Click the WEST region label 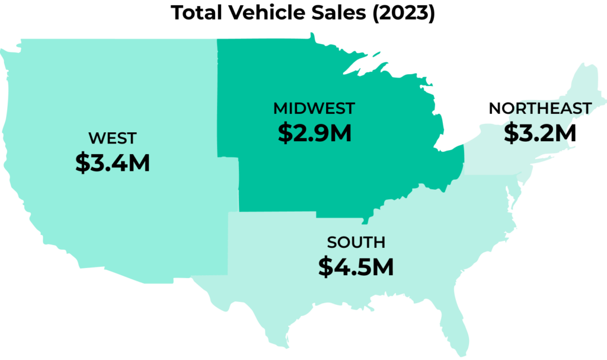[x=112, y=139]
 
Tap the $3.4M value [x=112, y=163]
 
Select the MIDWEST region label [x=314, y=109]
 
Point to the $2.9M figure [x=314, y=133]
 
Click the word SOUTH [x=356, y=243]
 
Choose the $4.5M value [x=356, y=267]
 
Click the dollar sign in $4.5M [x=325, y=267]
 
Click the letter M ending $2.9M [x=341, y=133]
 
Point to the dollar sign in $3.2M [x=510, y=133]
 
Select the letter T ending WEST [x=131, y=139]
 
